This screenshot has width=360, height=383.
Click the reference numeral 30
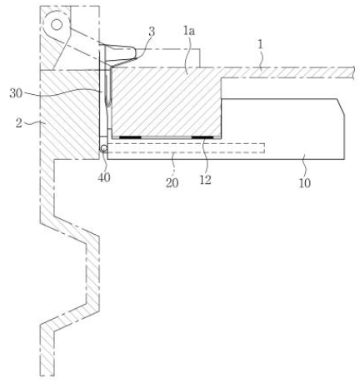pyautogui.click(x=16, y=93)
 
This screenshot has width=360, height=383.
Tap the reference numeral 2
pyautogui.click(x=18, y=122)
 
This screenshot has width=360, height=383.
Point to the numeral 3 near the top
pyautogui.click(x=152, y=32)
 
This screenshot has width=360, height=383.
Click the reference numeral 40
pyautogui.click(x=104, y=177)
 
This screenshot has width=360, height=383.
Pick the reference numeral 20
pyautogui.click(x=172, y=183)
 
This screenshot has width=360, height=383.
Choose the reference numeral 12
pyautogui.click(x=205, y=180)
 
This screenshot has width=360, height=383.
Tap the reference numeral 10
pyautogui.click(x=304, y=183)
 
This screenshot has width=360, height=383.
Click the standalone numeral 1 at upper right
pyautogui.click(x=260, y=45)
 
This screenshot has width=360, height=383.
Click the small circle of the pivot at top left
pyautogui.click(x=57, y=25)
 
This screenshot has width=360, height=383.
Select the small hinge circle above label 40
pyautogui.click(x=103, y=148)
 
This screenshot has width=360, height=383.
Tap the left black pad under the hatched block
pyautogui.click(x=130, y=137)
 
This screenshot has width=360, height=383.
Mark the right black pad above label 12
pyautogui.click(x=202, y=137)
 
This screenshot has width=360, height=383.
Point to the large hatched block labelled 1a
pyautogui.click(x=166, y=102)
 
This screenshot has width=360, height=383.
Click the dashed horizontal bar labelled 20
pyautogui.click(x=186, y=148)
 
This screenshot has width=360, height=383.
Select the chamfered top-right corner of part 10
pyautogui.click(x=341, y=107)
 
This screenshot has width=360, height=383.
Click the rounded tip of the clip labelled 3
pyautogui.click(x=136, y=52)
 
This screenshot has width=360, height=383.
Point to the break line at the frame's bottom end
pyautogui.click(x=47, y=376)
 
